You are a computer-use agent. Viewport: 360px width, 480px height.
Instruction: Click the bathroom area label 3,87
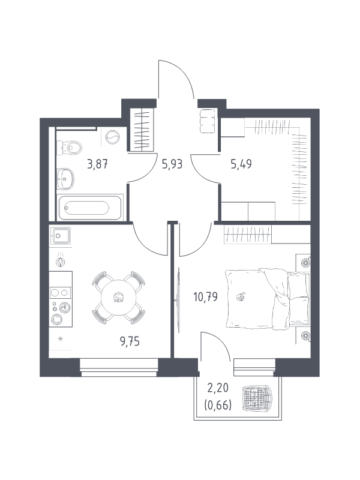(97, 164)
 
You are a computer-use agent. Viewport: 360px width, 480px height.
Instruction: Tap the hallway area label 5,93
(172, 164)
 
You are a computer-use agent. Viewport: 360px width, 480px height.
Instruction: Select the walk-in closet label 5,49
(241, 164)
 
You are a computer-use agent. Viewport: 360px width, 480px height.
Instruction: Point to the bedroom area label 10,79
(205, 297)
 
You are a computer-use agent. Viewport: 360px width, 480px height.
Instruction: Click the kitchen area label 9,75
(130, 341)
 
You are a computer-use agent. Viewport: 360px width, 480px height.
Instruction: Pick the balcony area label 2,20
(218, 388)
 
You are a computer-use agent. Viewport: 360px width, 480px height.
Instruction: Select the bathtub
(89, 208)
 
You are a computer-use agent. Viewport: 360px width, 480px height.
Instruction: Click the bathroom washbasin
(65, 178)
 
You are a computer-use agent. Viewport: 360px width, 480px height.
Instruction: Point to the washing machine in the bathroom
(113, 137)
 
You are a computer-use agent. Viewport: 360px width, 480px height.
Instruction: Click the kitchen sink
(61, 235)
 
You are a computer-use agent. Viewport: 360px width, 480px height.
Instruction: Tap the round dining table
(118, 297)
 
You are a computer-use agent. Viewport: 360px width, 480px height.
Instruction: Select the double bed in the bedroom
(267, 299)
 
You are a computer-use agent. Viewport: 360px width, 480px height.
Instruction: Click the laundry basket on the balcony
(257, 398)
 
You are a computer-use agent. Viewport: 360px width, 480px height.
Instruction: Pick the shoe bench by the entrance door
(208, 121)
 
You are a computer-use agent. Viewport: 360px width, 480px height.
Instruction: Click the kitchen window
(119, 367)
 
